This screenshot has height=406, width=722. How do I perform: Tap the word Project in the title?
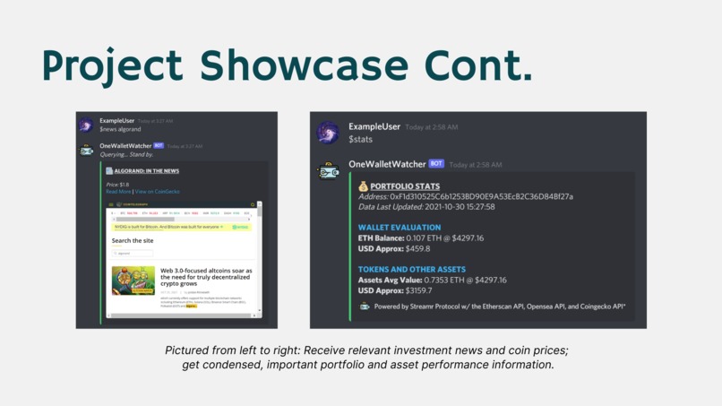coord(113,67)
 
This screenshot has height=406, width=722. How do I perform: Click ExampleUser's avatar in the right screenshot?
coord(329,133)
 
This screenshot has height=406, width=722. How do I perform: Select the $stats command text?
coord(361,140)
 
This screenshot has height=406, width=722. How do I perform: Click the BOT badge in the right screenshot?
coord(436,164)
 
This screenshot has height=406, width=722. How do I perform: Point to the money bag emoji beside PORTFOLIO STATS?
coord(363,186)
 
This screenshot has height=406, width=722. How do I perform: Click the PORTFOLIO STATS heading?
coord(405,186)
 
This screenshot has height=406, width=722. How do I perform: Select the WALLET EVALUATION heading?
coord(400,228)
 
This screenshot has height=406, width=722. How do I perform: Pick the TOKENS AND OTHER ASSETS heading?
coord(412,269)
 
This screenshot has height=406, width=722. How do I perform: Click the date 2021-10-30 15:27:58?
coord(457,207)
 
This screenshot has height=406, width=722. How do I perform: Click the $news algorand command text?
coord(120,129)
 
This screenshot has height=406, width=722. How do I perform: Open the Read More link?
coord(118,192)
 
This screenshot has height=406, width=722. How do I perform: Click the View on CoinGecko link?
coord(157,192)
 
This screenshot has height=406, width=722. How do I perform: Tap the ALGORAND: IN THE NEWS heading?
coord(146,170)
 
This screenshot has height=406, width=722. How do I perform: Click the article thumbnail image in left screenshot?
coord(133,281)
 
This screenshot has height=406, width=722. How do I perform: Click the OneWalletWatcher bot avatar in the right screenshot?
coord(329,170)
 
